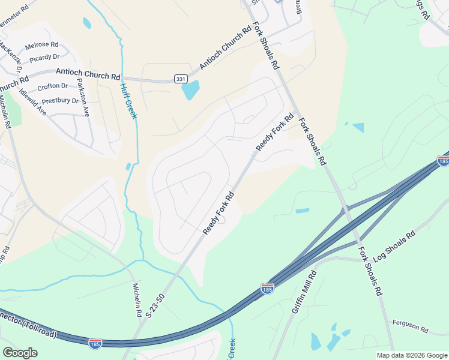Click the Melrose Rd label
(x=41, y=45)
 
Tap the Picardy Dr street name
(x=45, y=57)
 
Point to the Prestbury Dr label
(x=60, y=100)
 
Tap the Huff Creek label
(x=128, y=100)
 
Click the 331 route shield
(x=181, y=79)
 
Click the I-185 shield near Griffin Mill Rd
(x=268, y=289)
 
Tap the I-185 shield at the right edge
(x=443, y=161)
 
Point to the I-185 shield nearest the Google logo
(x=95, y=343)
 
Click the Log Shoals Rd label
(x=394, y=245)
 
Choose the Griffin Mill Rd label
(x=304, y=291)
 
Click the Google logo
(x=20, y=353)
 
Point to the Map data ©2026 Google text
(x=412, y=355)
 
